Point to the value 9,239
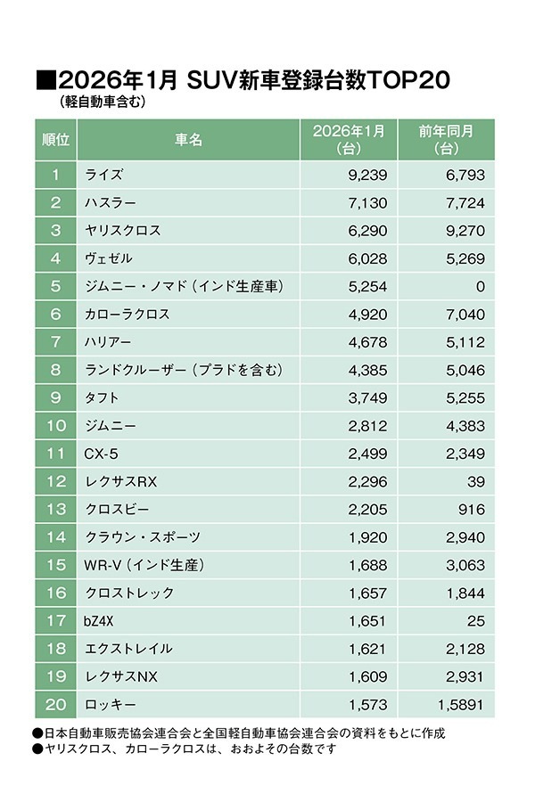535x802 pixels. [363, 175]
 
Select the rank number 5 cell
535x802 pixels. [56, 286]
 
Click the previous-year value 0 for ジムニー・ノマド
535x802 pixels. [479, 286]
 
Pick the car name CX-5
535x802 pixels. [102, 454]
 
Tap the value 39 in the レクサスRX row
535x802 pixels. [474, 481]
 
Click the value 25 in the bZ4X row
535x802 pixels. [475, 620]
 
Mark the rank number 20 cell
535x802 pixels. [56, 704]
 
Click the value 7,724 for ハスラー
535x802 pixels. [464, 203]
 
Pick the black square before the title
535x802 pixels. [45, 81]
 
